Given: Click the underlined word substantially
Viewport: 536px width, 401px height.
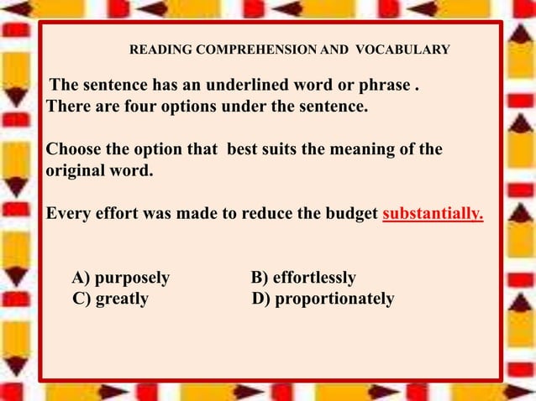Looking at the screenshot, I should pyautogui.click(x=433, y=213).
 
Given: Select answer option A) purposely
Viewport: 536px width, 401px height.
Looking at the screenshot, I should pyautogui.click(x=121, y=278).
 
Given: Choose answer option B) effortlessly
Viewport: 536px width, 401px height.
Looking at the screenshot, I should pyautogui.click(x=303, y=278).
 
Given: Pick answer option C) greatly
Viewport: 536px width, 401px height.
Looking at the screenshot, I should pyautogui.click(x=111, y=299).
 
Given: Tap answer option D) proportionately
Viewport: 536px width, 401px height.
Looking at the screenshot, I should pyautogui.click(x=323, y=299).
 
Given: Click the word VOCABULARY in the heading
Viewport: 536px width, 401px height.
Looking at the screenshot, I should pyautogui.click(x=402, y=50).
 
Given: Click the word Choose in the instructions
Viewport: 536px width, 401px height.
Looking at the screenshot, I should pyautogui.click(x=73, y=150).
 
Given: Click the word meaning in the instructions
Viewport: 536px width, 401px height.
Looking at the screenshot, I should pyautogui.click(x=353, y=150).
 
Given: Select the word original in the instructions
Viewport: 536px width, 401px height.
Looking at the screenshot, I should pyautogui.click(x=72, y=171).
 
